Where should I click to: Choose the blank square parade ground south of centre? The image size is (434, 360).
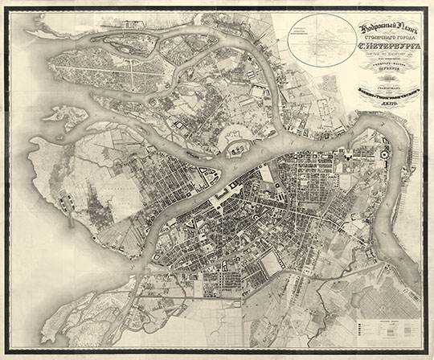click(x=272, y=262)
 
